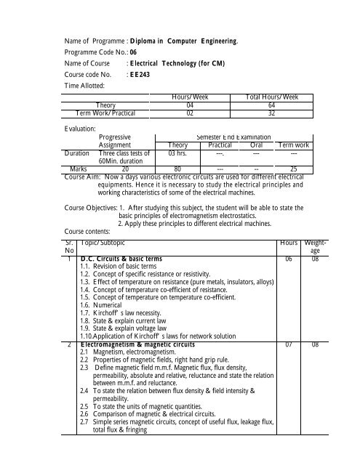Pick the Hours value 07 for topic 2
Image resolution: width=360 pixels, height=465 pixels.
pos(289,344)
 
